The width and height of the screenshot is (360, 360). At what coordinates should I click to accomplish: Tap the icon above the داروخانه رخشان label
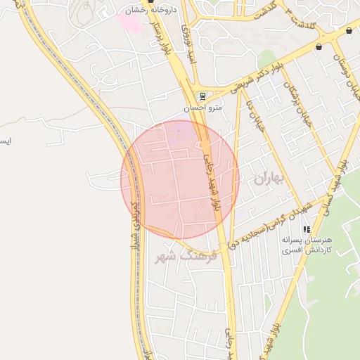(x=150, y=2)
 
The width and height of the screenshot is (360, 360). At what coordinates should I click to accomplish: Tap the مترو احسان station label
(x=203, y=108)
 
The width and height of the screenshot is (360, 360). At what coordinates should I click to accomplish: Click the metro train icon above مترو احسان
(x=202, y=96)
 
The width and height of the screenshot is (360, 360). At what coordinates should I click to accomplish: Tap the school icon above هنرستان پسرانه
(x=306, y=229)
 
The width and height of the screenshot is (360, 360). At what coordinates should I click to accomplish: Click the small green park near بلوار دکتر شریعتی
(x=266, y=58)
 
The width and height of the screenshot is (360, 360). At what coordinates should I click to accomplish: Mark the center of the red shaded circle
(x=180, y=179)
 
